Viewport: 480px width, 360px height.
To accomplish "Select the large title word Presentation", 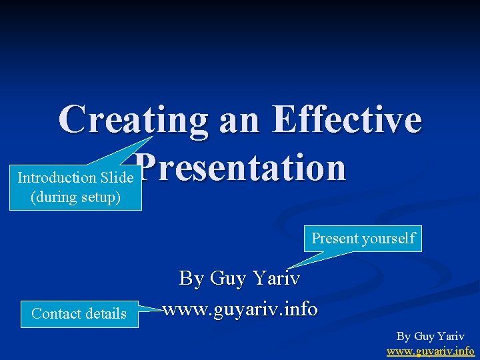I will pyautogui.click(x=243, y=168).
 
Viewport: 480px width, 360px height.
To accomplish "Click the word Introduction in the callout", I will pyautogui.click(x=57, y=177).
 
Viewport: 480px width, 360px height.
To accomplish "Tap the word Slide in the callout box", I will pyautogui.click(x=117, y=177).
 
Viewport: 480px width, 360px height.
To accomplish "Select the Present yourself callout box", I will pyautogui.click(x=363, y=238).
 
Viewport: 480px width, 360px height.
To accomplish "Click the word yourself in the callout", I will pyautogui.click(x=389, y=238).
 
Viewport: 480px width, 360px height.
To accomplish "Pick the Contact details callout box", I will pyautogui.click(x=79, y=313).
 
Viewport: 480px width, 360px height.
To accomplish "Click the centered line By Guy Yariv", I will pyautogui.click(x=239, y=278).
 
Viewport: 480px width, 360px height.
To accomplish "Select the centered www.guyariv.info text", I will pyautogui.click(x=240, y=309).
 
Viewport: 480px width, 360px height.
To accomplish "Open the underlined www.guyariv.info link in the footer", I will pyautogui.click(x=431, y=351).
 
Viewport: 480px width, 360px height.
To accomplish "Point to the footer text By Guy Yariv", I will pyautogui.click(x=431, y=337).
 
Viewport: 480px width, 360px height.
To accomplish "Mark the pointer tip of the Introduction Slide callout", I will pyautogui.click(x=153, y=137).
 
